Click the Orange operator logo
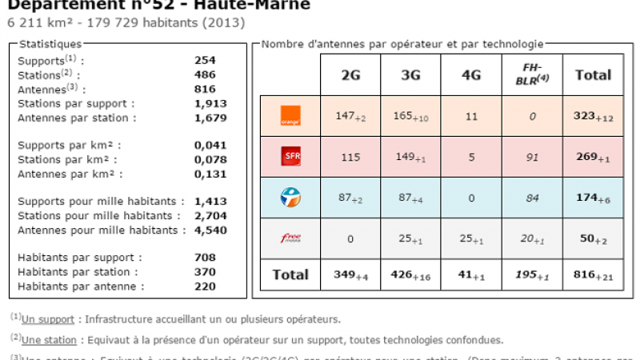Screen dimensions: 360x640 290,116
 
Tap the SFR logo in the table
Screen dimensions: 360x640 290,157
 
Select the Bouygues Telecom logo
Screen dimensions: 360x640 290,198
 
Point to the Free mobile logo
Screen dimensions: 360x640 290,238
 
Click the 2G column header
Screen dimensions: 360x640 350,75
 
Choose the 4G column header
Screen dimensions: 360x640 471,75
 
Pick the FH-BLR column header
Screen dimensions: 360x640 532,74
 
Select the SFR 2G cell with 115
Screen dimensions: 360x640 350,157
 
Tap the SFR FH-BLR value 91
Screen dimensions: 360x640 532,157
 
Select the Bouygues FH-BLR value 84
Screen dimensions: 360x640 532,198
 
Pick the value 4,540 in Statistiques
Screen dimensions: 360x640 210,230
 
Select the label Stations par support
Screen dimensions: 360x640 76,103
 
